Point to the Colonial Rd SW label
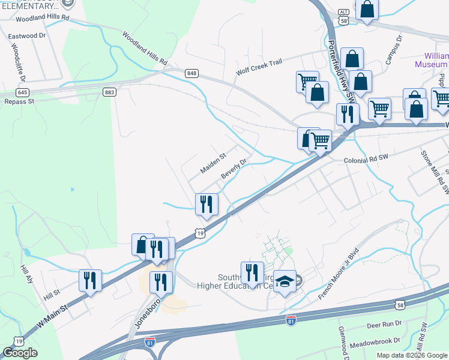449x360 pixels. click(367, 161)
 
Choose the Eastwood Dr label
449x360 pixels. click(27, 36)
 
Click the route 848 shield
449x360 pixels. click(191, 73)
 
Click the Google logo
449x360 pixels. click(20, 353)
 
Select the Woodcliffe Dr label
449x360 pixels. click(16, 62)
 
